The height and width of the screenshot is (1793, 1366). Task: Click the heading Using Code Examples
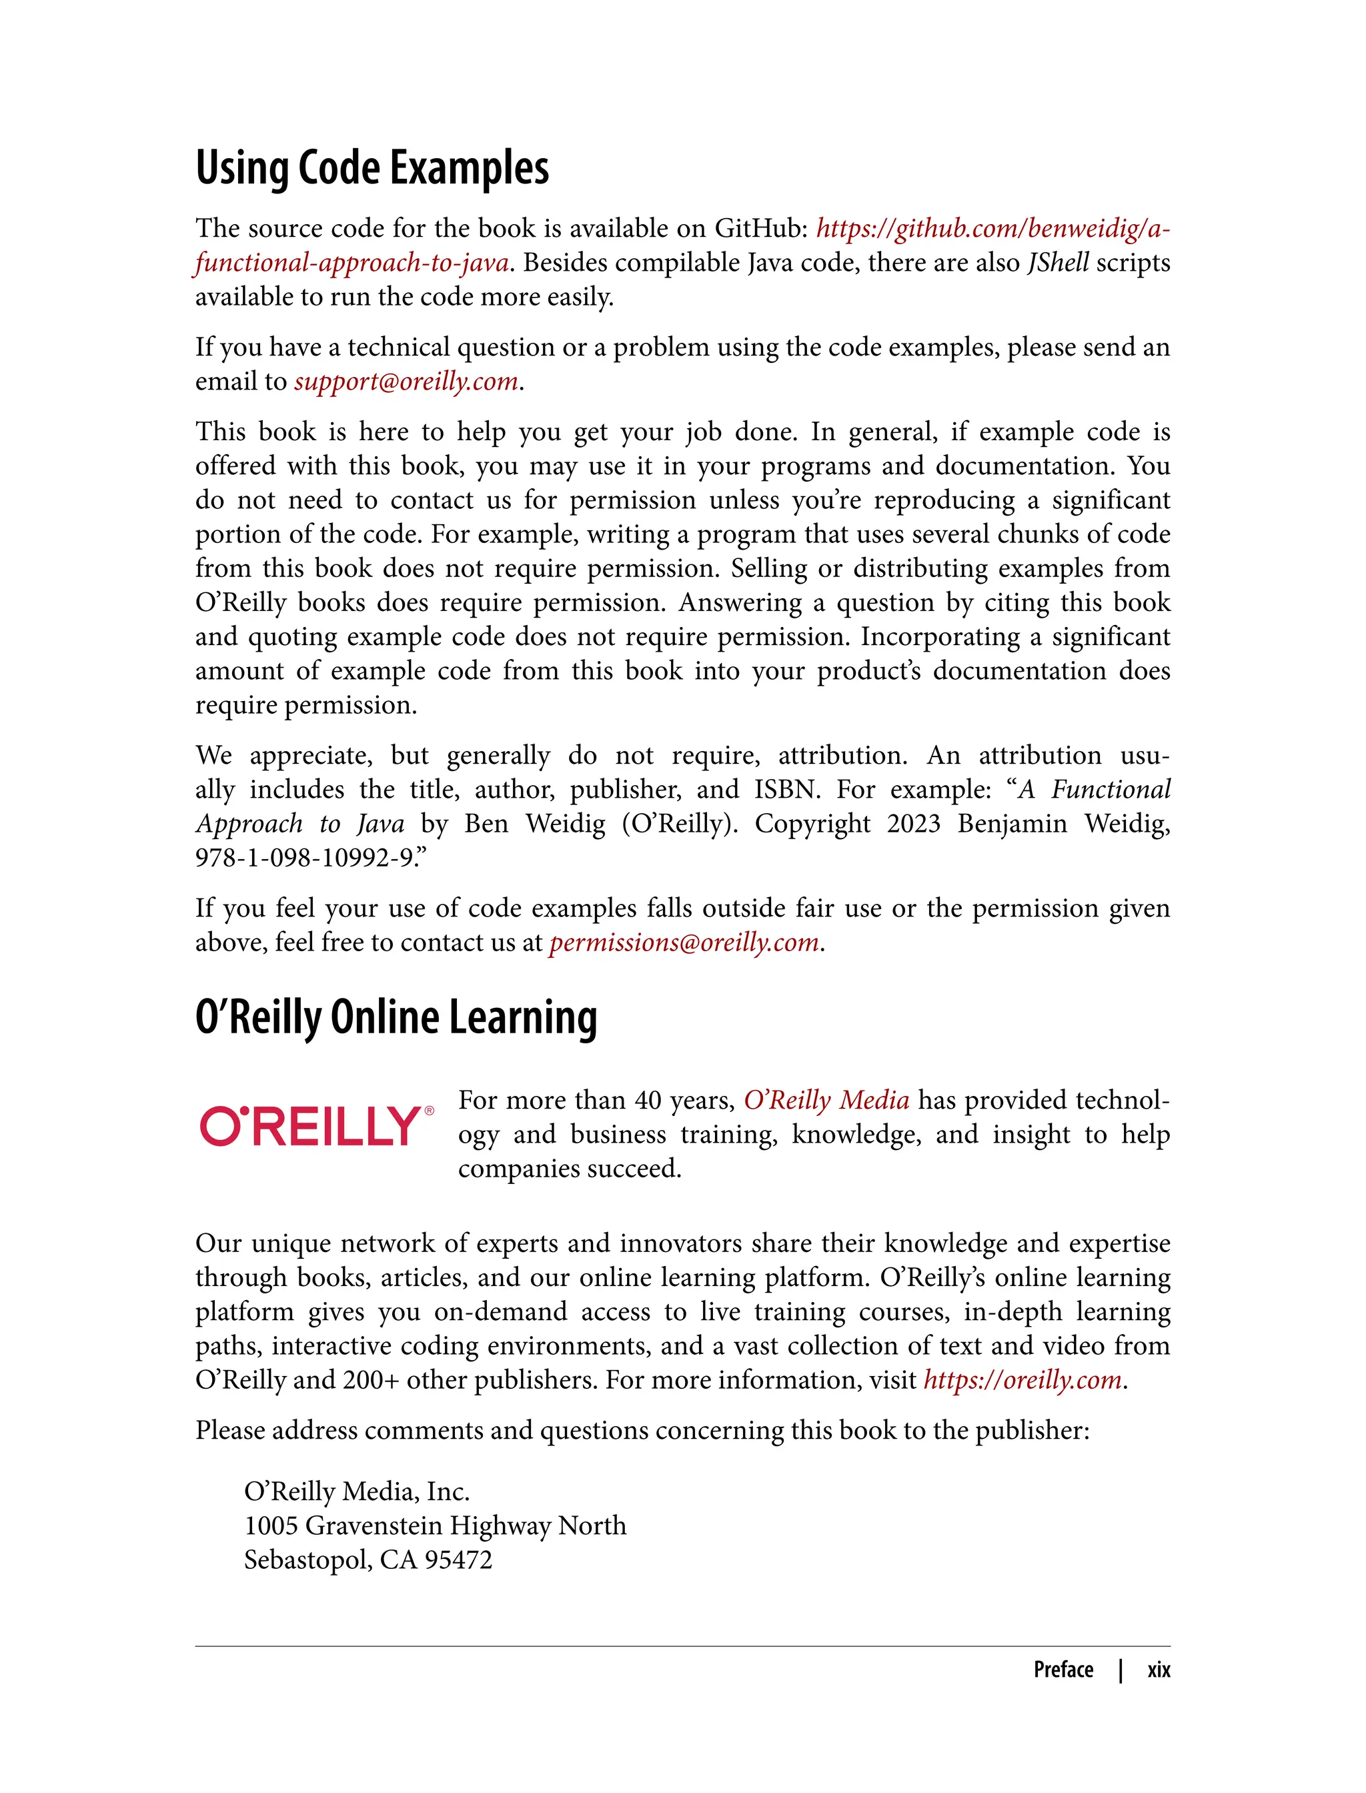tap(372, 168)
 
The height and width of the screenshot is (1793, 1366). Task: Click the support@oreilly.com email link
tap(406, 382)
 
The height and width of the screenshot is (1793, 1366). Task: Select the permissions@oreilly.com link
tap(684, 943)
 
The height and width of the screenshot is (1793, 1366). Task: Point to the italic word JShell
tap(1057, 263)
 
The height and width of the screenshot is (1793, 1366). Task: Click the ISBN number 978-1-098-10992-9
tap(304, 858)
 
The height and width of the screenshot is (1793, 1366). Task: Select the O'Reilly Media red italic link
tap(826, 1100)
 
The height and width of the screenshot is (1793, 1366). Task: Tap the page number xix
tap(1158, 1670)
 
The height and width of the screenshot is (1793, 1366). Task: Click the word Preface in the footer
tap(1063, 1670)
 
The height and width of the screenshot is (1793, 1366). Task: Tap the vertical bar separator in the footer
tap(1121, 1670)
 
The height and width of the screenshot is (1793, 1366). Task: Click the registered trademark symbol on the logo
tap(430, 1110)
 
